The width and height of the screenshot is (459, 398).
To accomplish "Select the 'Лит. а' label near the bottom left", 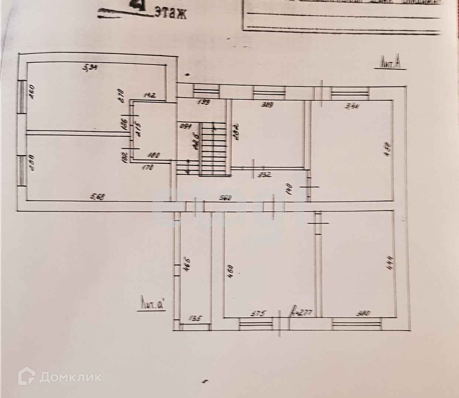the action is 153,305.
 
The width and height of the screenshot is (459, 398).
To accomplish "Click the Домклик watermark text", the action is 70,377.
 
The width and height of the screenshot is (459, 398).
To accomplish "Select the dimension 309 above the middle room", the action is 267,105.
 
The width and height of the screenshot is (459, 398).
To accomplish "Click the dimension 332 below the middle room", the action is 265,175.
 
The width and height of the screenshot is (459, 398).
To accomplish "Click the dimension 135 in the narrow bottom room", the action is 195,317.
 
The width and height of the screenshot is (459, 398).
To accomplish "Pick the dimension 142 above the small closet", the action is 150,95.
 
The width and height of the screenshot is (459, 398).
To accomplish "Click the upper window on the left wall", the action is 22,97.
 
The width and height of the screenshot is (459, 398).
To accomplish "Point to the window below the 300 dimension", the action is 357,324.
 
